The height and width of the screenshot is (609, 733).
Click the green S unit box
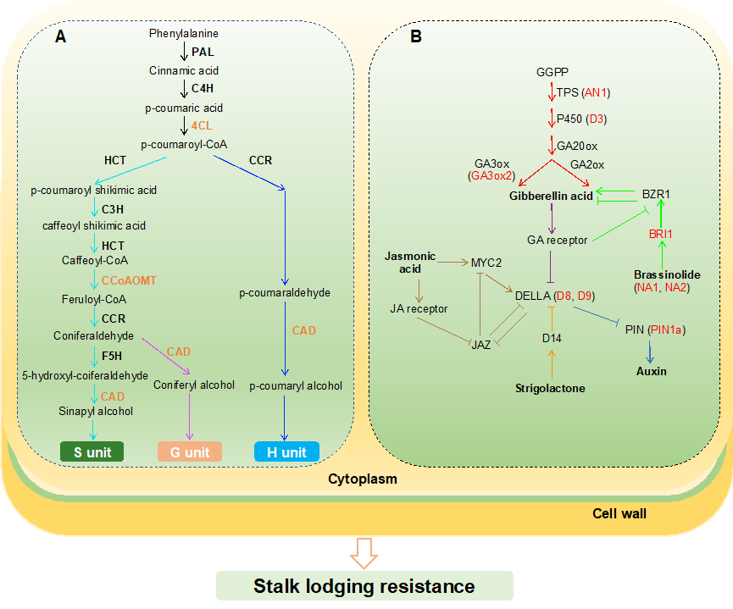point(92,452)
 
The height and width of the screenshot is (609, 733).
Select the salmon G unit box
point(189,452)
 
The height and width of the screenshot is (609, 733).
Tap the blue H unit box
point(286,452)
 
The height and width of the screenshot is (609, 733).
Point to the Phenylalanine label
point(184,34)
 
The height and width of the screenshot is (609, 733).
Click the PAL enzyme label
point(203,53)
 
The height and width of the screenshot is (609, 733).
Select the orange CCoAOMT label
point(129,279)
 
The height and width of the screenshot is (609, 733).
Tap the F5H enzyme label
point(113,357)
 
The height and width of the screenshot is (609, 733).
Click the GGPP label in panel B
point(552,72)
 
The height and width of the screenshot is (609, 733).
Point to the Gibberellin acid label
point(551,197)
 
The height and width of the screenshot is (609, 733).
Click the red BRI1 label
point(661,233)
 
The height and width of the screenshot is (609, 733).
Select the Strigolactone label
point(551,388)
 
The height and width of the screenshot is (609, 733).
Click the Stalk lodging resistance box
point(365,585)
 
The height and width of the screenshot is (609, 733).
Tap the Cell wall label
point(619,513)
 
